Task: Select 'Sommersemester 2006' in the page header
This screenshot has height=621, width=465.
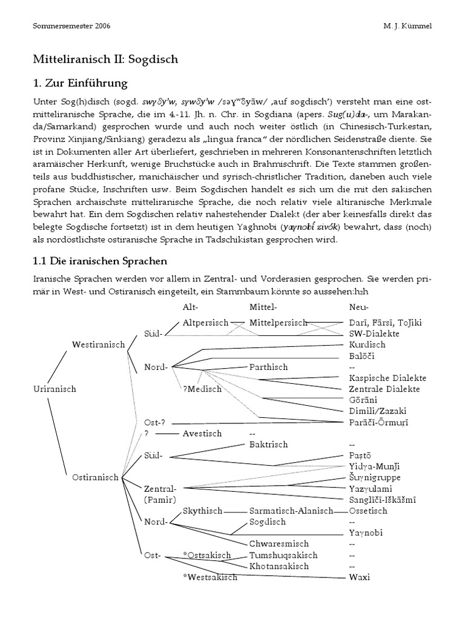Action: (70, 27)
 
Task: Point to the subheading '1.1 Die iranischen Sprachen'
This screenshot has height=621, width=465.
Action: (100, 261)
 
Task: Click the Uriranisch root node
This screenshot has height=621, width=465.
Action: (54, 389)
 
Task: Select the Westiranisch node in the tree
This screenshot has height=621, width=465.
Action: (98, 344)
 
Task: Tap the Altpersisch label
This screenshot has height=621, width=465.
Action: (205, 323)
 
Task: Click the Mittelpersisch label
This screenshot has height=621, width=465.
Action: (278, 323)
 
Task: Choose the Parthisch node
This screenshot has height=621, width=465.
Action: (269, 367)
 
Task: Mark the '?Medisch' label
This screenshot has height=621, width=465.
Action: (202, 389)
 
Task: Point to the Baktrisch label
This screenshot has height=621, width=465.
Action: (268, 445)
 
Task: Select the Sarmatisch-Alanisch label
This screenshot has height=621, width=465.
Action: (291, 511)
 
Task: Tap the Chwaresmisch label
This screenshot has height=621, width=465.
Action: (279, 544)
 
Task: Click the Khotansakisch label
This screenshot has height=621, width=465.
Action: (279, 566)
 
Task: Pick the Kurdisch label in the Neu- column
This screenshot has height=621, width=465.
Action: (368, 344)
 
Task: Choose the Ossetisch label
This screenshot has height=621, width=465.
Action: (368, 511)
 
